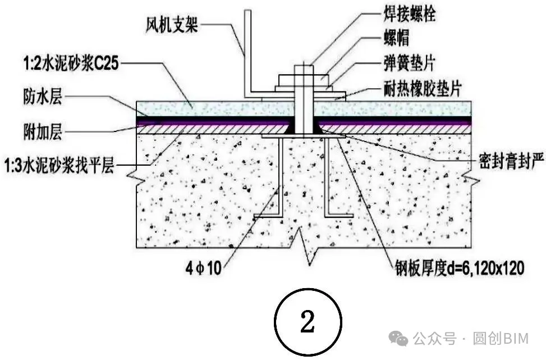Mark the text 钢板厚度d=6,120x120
456,268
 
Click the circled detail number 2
307,322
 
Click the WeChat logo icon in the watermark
400,338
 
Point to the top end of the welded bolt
303,69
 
